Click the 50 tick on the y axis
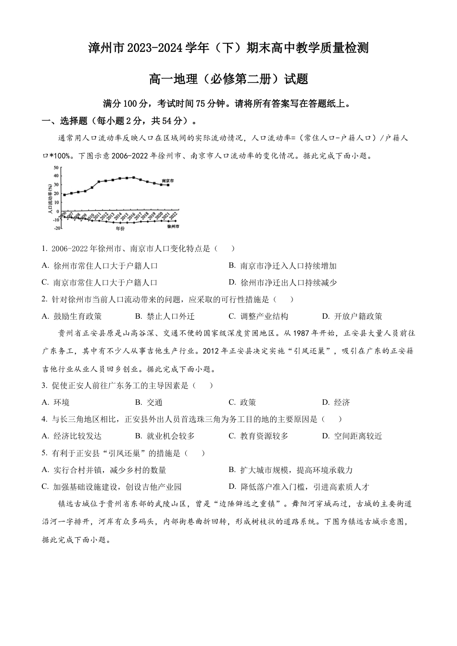[x=56, y=167]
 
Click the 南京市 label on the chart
[x=167, y=181]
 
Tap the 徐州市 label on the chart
[x=173, y=226]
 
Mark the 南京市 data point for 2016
[x=134, y=177]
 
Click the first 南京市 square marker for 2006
[x=64, y=195]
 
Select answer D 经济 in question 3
[x=336, y=402]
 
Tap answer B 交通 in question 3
[x=149, y=402]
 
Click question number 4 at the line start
[x=44, y=419]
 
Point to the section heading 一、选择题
[x=65, y=121]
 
